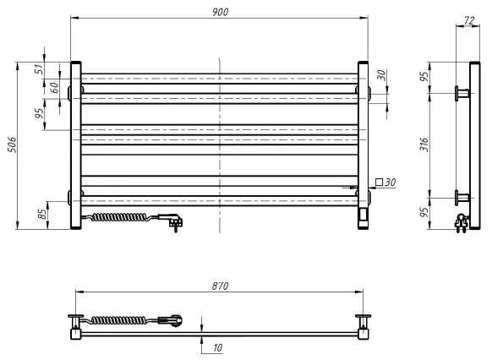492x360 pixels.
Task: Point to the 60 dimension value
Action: click(x=53, y=87)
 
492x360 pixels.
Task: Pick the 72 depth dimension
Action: click(x=468, y=19)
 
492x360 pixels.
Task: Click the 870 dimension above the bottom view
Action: click(x=220, y=287)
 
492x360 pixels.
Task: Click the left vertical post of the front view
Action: click(x=75, y=144)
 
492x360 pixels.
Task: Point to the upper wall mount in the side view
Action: click(x=464, y=92)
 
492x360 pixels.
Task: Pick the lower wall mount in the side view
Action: click(x=464, y=198)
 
